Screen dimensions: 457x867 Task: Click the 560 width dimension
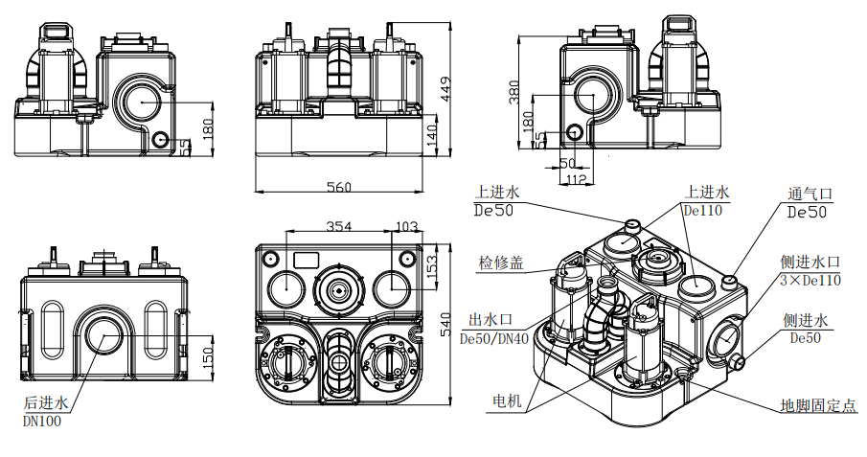pyautogui.click(x=340, y=186)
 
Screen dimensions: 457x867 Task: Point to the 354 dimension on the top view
pyautogui.click(x=339, y=227)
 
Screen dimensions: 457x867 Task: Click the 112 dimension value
pyautogui.click(x=575, y=178)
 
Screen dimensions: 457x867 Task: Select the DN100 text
pyautogui.click(x=41, y=419)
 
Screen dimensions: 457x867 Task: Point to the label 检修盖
pyautogui.click(x=501, y=263)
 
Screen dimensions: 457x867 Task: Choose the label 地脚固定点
pyautogui.click(x=817, y=405)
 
